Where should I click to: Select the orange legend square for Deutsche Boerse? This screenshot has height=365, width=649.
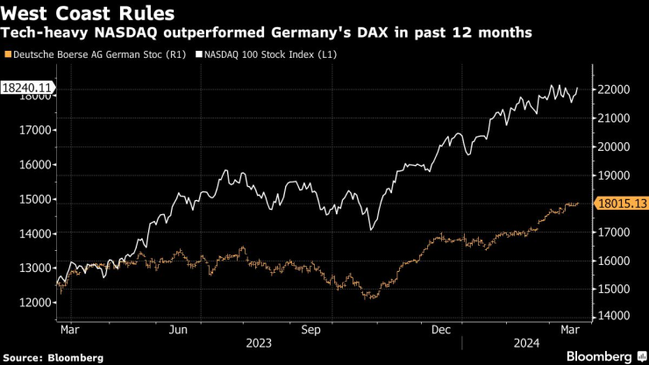pyautogui.click(x=7, y=54)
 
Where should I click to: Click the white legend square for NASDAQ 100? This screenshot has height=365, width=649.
pyautogui.click(x=198, y=54)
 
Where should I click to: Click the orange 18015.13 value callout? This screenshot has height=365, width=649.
pyautogui.click(x=621, y=204)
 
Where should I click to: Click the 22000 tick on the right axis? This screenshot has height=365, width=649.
pyautogui.click(x=614, y=89)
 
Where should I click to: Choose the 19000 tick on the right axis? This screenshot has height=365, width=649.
pyautogui.click(x=614, y=175)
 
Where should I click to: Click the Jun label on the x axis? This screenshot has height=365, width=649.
pyautogui.click(x=178, y=331)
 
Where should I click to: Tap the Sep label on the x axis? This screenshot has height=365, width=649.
pyautogui.click(x=310, y=331)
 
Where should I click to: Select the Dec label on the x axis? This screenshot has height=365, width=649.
pyautogui.click(x=441, y=331)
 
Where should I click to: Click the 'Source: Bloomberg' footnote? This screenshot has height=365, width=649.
pyautogui.click(x=54, y=357)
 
